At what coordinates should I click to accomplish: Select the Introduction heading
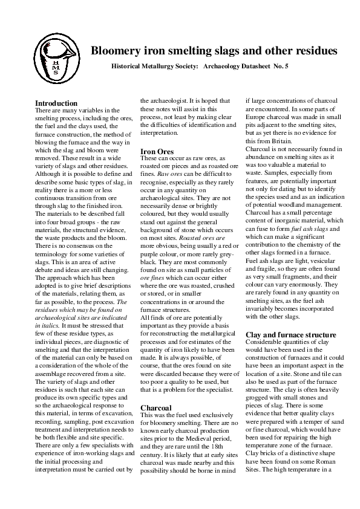56,103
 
